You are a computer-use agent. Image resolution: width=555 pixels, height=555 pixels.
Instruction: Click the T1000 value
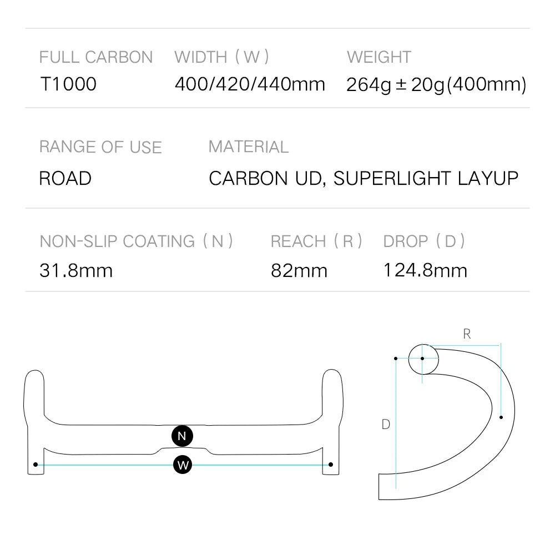coord(68,84)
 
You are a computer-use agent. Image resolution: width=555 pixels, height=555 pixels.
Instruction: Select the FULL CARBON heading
coord(96,57)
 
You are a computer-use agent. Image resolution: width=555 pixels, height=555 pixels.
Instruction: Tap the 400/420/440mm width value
coord(250,84)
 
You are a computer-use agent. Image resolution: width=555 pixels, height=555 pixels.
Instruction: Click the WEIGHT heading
coord(379,57)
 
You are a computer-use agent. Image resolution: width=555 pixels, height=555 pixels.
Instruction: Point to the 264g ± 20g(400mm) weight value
coord(436,85)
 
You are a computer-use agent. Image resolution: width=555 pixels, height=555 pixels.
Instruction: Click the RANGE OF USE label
coord(100,147)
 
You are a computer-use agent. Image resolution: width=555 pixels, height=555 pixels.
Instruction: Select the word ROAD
coord(65,179)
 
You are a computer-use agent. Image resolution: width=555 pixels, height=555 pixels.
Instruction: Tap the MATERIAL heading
coord(249,147)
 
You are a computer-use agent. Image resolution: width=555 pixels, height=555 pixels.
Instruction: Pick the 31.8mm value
coord(76,271)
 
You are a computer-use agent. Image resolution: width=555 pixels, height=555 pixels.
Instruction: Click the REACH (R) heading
coord(316,241)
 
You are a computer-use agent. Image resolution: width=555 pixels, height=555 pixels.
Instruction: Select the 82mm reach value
coord(299,271)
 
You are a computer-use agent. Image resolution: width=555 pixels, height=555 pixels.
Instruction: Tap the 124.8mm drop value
coord(425,271)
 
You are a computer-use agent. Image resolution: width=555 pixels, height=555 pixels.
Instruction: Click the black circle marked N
coord(182,436)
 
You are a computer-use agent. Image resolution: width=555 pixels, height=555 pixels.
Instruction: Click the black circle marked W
coord(182,465)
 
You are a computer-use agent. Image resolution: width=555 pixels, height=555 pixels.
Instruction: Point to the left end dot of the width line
coord(36,465)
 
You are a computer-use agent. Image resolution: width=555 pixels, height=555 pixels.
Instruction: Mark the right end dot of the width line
coord(331,465)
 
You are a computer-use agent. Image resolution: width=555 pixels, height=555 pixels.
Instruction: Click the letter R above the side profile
coord(467,334)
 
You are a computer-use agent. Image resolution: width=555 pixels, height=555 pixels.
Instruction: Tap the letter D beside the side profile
coord(386,425)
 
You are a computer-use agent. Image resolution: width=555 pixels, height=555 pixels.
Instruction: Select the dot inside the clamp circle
coord(422,359)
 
